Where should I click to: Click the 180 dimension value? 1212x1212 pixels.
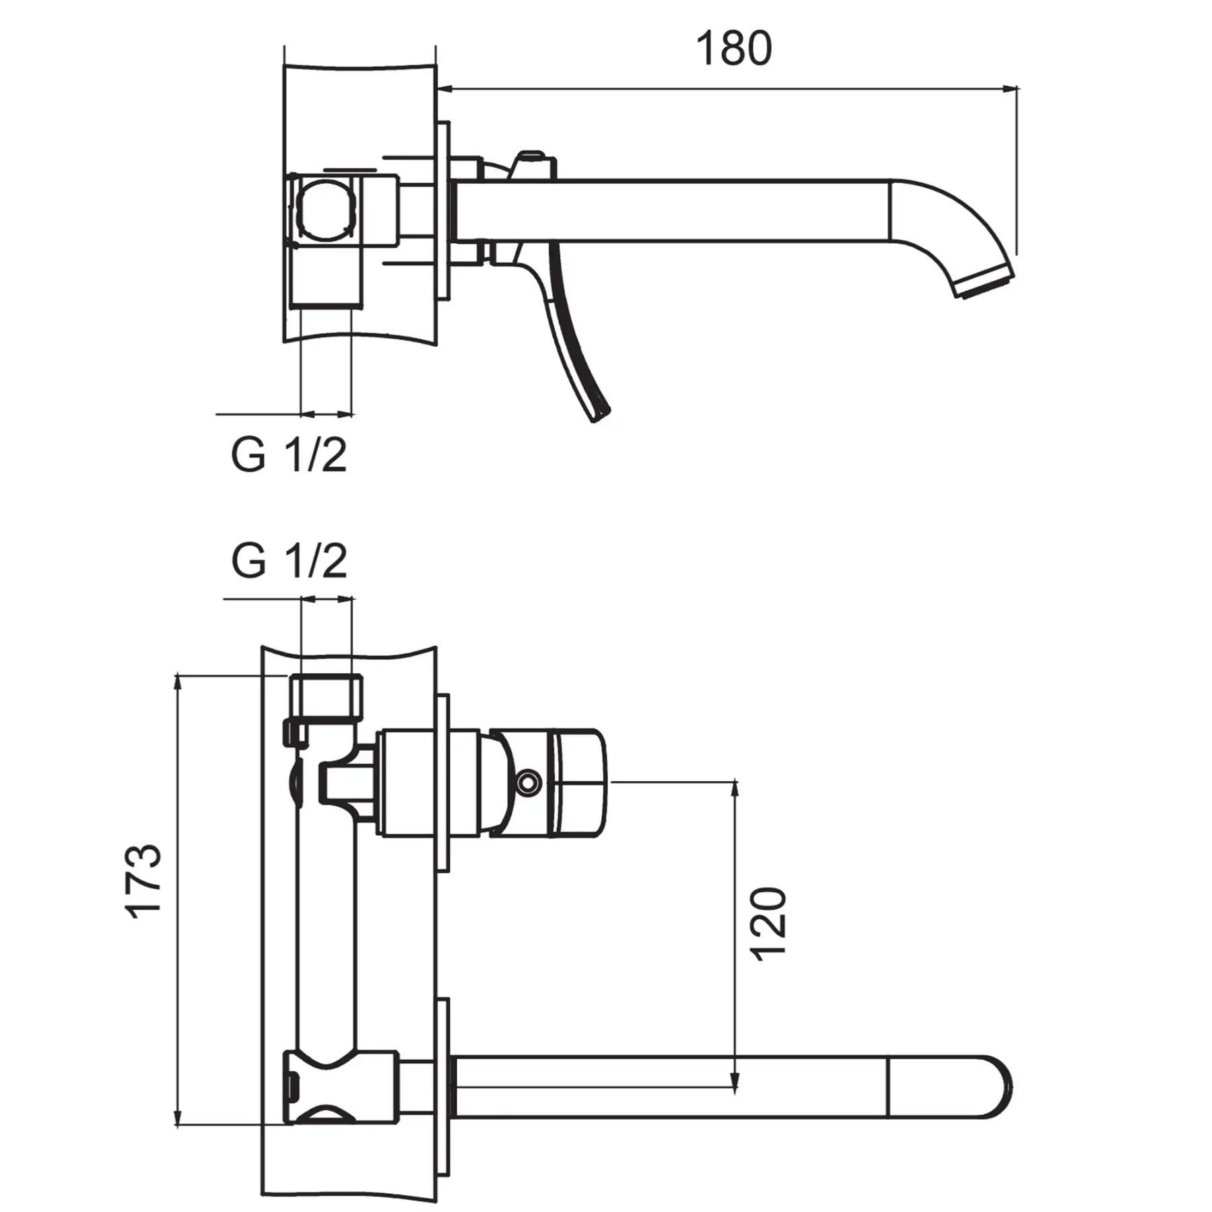733,49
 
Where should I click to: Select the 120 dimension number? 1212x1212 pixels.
768,924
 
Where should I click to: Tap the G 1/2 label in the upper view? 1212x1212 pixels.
289,456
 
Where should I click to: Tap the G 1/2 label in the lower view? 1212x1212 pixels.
289,561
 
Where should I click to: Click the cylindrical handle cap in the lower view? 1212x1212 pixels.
578,783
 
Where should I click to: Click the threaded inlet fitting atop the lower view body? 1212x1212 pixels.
327,696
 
